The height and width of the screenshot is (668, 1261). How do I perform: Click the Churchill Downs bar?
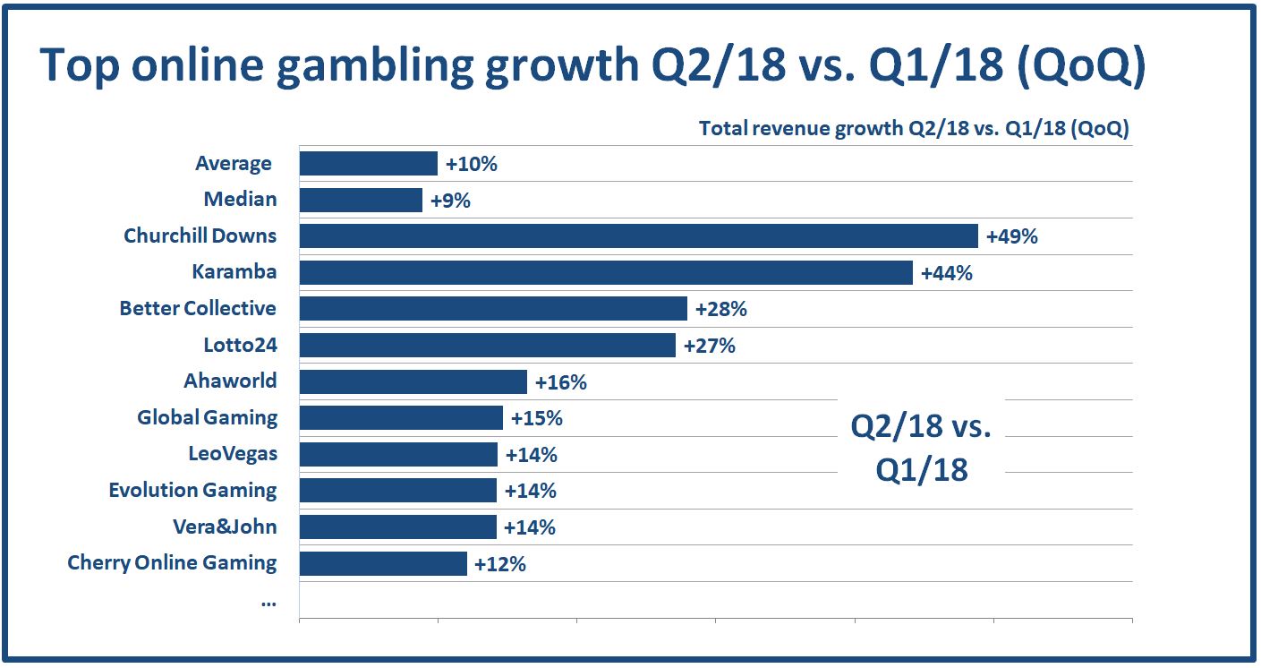point(638,236)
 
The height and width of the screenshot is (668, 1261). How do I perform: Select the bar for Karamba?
point(606,272)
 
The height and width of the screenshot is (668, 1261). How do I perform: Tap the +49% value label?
point(1011,237)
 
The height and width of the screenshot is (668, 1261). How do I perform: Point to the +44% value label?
point(946,273)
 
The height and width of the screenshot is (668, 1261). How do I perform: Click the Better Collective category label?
point(198,309)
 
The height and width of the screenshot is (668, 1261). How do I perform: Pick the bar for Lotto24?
point(487,345)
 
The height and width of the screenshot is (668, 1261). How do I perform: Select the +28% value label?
point(720,310)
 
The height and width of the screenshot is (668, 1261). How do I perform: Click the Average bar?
point(368,164)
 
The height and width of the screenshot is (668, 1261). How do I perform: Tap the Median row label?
point(240,200)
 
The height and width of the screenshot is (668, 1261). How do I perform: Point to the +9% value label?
point(450,201)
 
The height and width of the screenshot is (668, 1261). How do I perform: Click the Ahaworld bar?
point(413,381)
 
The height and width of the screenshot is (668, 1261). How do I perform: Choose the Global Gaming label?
point(207,418)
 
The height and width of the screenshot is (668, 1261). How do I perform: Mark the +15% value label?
point(536,418)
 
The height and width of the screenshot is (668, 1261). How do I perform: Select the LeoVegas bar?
point(398,454)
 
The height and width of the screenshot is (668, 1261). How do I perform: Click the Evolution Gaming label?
point(192,491)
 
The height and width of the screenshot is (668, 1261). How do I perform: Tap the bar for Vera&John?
point(397,527)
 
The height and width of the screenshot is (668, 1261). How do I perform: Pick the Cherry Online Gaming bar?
point(383,563)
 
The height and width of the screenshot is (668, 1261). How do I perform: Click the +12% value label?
point(499,564)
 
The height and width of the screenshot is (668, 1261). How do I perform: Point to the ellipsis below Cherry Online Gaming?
point(268,602)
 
